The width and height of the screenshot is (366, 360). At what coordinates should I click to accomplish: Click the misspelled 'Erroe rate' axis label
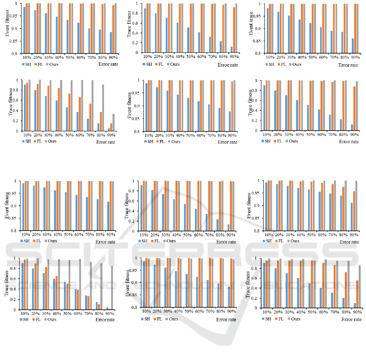228,65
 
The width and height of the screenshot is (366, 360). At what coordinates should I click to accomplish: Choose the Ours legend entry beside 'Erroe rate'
173,65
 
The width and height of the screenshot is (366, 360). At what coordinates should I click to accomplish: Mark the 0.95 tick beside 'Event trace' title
258,16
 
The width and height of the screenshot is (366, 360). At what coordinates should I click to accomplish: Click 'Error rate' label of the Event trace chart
349,65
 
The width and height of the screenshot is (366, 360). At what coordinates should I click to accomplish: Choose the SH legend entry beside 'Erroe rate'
147,65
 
